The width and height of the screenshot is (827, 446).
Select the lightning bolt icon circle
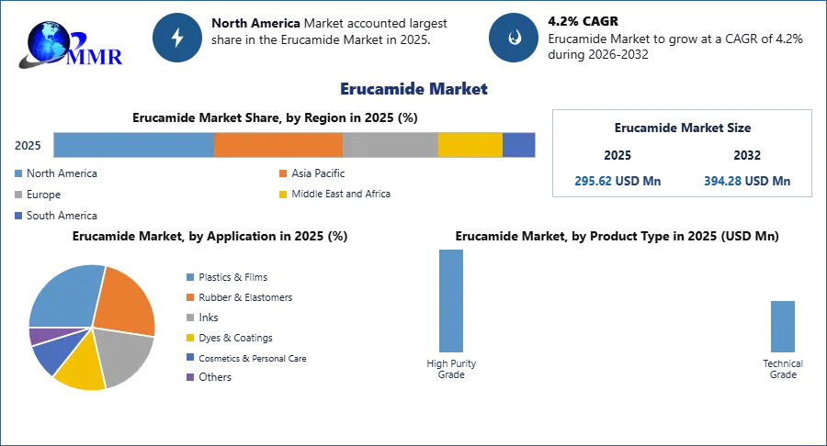(x=178, y=38)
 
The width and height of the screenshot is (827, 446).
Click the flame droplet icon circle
(x=515, y=38)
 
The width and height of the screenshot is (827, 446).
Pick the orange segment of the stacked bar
(x=278, y=145)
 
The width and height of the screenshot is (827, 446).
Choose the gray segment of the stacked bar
(x=391, y=145)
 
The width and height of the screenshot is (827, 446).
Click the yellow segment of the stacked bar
(x=470, y=145)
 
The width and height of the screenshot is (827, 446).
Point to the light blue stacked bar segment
(x=133, y=145)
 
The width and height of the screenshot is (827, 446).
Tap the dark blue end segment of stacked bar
(x=519, y=145)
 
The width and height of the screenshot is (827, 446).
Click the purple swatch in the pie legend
(x=190, y=376)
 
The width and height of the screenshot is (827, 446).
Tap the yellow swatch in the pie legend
(x=190, y=338)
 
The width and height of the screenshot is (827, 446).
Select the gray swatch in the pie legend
(x=190, y=317)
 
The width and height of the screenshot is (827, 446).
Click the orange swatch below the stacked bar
(x=283, y=174)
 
